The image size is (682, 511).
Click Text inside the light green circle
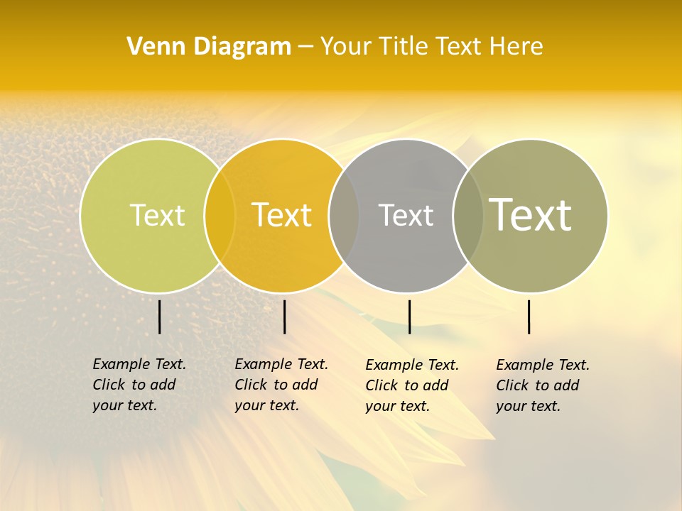point(157,215)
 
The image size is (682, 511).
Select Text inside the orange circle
point(282,215)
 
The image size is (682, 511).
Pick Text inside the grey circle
point(406,215)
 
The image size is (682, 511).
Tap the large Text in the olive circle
point(531,214)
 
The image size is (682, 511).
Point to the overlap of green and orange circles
point(220,216)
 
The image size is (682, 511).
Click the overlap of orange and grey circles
point(344,216)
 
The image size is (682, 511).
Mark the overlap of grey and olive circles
point(468,216)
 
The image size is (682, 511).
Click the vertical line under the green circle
point(159,317)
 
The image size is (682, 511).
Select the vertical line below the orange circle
point(284,317)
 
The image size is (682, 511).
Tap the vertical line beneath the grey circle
point(409,317)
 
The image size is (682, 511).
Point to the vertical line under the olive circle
point(529,317)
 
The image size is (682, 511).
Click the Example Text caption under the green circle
point(139,385)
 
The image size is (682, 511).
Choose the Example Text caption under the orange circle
point(281,385)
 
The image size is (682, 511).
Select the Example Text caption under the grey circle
point(411,385)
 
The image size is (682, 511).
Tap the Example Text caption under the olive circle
point(542,385)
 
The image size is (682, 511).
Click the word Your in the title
point(347,47)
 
